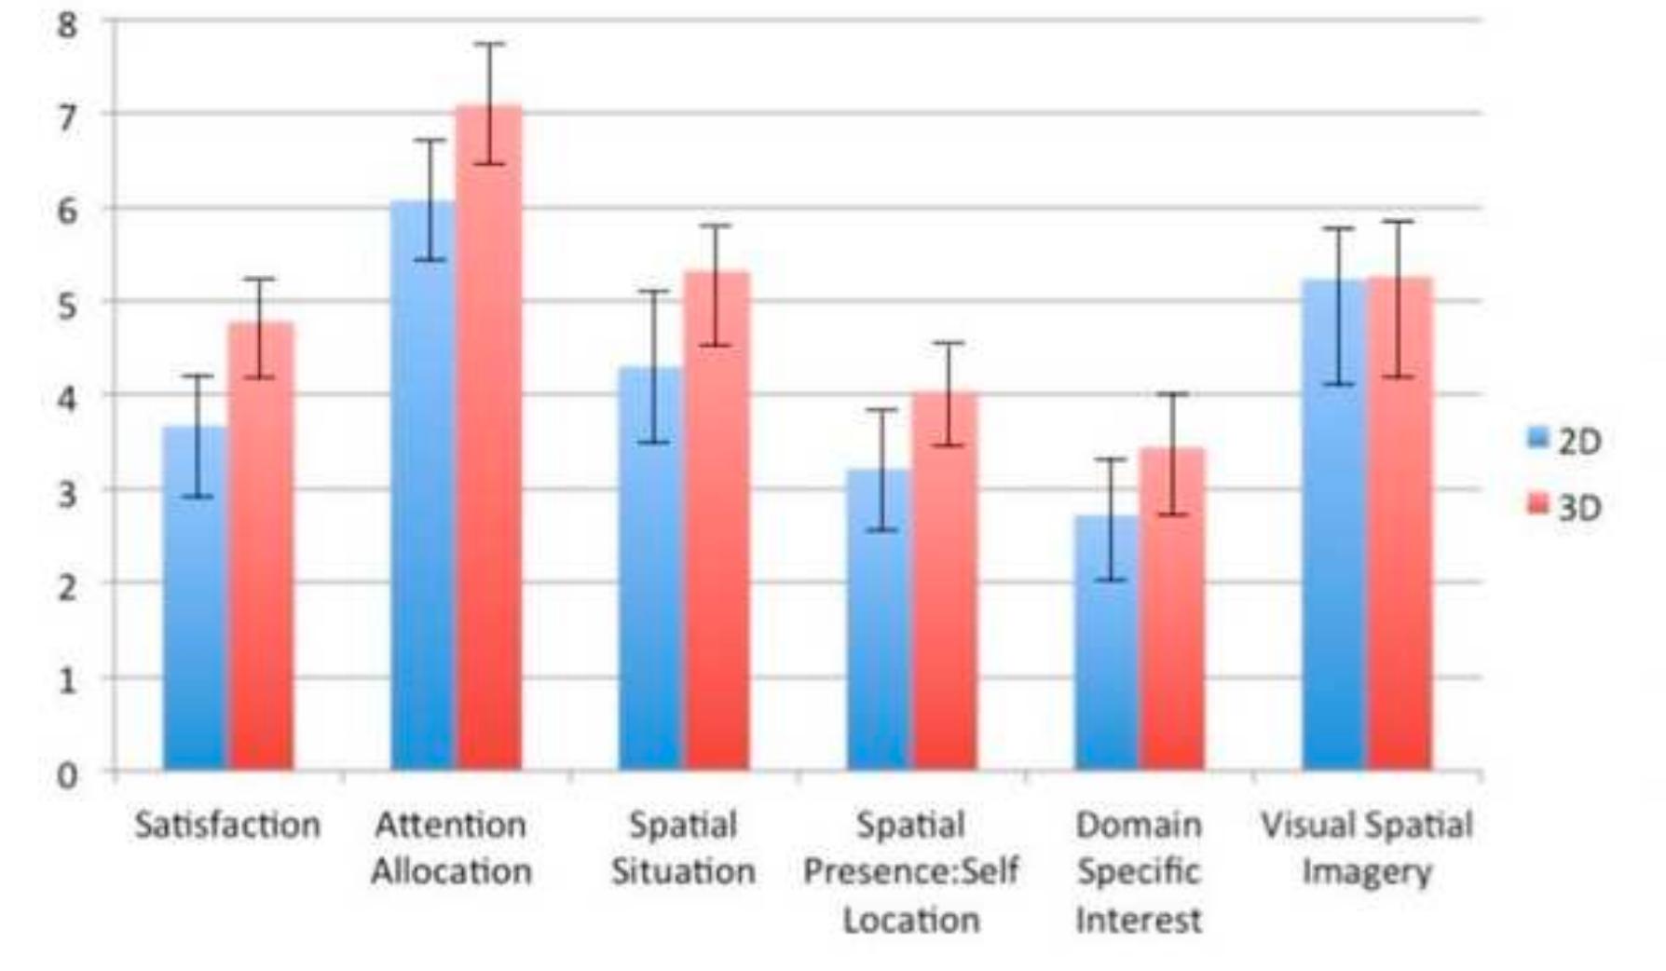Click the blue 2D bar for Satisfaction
(196, 606)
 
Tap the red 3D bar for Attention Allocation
(488, 447)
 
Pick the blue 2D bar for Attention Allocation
(423, 494)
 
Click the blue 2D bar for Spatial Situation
(650, 578)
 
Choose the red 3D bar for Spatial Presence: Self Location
(945, 587)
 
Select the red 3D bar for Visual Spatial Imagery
(1399, 531)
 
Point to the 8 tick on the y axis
(67, 25)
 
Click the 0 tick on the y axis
(67, 774)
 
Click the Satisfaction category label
(227, 825)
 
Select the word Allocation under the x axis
(452, 872)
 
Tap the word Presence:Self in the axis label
(910, 872)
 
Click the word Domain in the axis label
(1139, 825)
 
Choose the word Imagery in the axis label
(1366, 872)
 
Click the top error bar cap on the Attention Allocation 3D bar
(488, 44)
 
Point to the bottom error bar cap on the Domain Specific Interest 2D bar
(1110, 580)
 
